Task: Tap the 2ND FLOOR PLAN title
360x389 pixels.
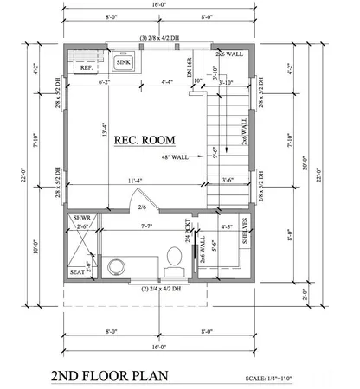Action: pyautogui.click(x=110, y=377)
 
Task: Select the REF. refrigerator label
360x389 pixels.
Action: pyautogui.click(x=86, y=67)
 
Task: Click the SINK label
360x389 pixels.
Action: pyautogui.click(x=125, y=63)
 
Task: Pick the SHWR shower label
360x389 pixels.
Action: pyautogui.click(x=81, y=218)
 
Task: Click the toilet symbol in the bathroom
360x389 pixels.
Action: pyautogui.click(x=173, y=258)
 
